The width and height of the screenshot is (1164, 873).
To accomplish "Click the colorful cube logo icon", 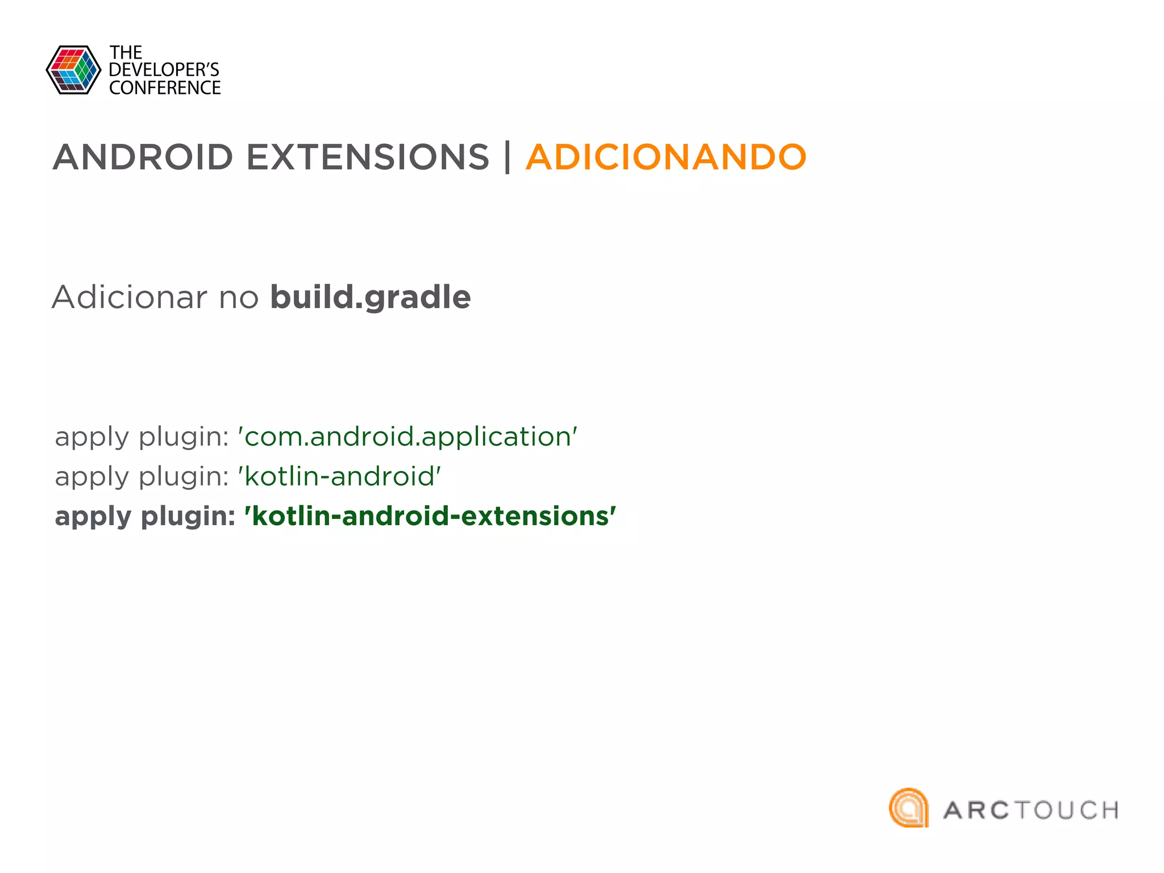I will [x=73, y=70].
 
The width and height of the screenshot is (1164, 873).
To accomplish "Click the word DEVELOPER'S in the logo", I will [x=164, y=70].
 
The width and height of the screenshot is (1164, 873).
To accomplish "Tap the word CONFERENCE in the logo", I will [x=165, y=88].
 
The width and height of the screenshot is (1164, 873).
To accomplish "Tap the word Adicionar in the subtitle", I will [x=130, y=297].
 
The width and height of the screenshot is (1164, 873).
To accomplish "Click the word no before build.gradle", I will [x=239, y=298].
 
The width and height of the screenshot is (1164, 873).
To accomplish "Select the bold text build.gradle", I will [x=370, y=298].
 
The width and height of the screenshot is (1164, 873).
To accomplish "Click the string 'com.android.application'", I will [x=408, y=436].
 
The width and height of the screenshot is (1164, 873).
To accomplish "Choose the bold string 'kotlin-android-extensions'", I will [x=430, y=516].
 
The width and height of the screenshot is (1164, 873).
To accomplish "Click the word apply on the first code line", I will [x=92, y=438].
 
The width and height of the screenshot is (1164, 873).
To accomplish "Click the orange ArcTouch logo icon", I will [x=908, y=808].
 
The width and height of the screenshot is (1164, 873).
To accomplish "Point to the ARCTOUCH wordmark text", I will [x=1030, y=810].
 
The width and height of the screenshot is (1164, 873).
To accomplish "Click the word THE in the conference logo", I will [x=126, y=53].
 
